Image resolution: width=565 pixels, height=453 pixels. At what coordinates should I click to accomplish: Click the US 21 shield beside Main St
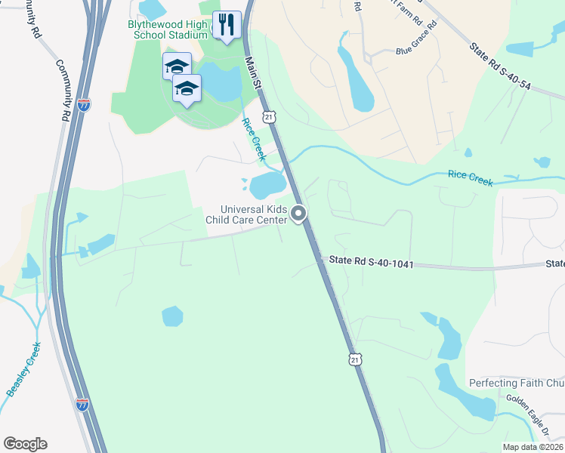click(x=268, y=116)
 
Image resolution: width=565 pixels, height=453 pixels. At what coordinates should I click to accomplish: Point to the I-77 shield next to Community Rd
click(x=84, y=105)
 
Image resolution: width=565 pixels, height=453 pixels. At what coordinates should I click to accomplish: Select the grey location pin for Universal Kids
click(x=298, y=214)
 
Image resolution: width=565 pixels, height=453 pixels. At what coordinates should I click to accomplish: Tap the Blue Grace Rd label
click(x=416, y=42)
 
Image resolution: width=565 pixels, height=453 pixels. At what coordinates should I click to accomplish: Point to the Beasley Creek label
click(x=24, y=369)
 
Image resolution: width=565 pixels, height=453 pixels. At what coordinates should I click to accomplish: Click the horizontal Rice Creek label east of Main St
click(x=470, y=177)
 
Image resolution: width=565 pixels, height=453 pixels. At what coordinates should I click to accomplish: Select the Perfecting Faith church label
click(x=517, y=384)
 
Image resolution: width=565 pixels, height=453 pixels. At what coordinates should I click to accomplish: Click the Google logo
click(x=25, y=444)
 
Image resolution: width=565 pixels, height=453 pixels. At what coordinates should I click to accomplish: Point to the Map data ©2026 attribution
click(x=533, y=447)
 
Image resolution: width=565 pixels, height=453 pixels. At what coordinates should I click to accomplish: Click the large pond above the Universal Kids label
click(x=267, y=183)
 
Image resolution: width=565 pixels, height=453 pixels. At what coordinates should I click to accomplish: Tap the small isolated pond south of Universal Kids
click(x=172, y=316)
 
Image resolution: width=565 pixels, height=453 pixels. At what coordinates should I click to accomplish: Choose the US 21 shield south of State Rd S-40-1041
click(x=354, y=360)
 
